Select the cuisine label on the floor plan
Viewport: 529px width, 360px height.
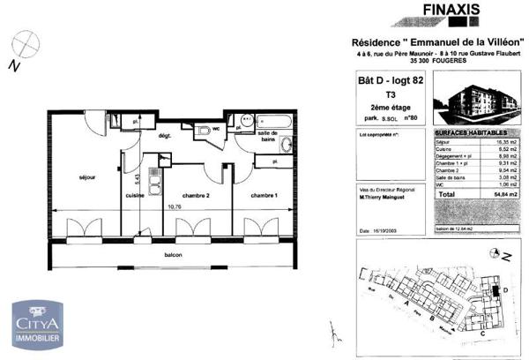click(x=134, y=195)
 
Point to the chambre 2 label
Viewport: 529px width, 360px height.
click(x=195, y=195)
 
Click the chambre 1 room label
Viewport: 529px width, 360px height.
click(x=264, y=195)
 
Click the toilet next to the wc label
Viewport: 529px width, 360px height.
click(x=206, y=131)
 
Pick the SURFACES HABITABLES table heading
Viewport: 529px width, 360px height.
click(x=468, y=131)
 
